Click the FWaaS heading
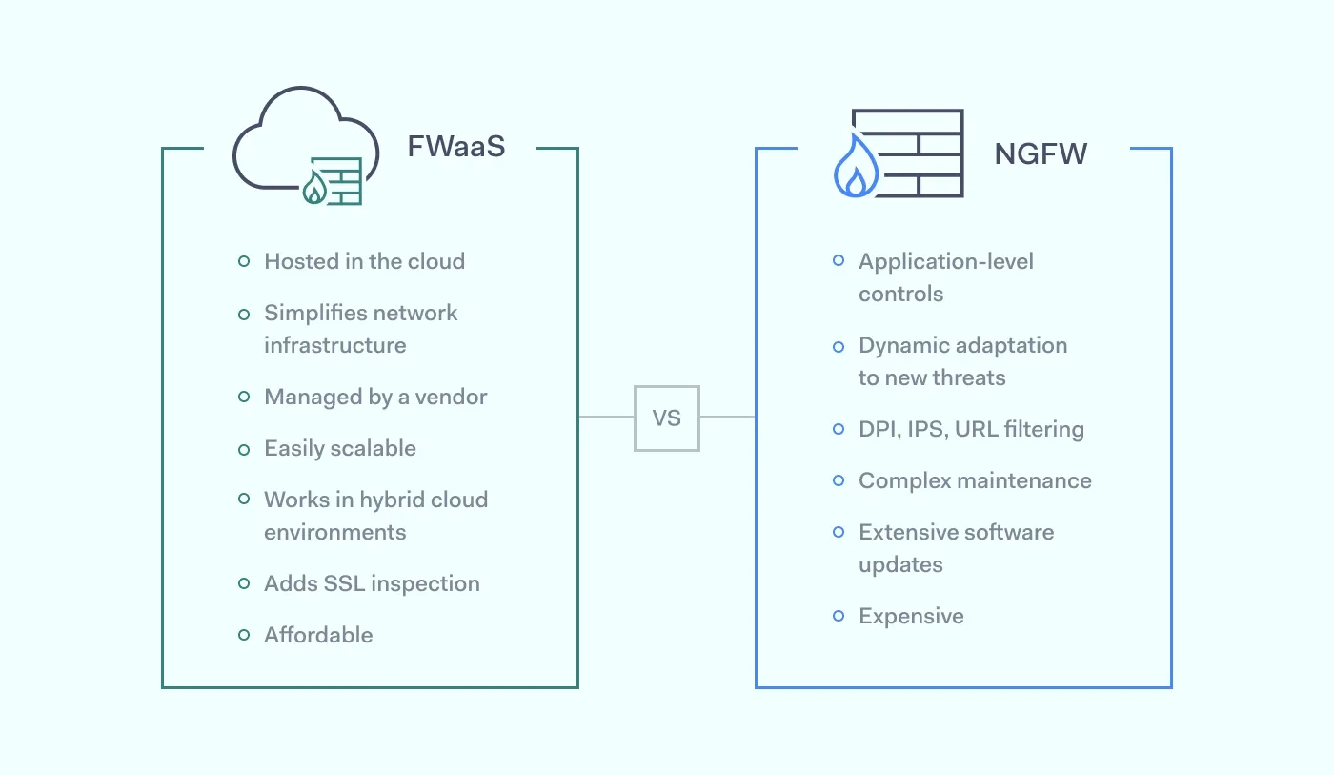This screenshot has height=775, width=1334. [x=455, y=147]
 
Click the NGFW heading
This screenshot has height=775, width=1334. [x=1041, y=153]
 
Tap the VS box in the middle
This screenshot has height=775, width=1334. [x=667, y=418]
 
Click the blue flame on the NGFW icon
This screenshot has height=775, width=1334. [x=855, y=173]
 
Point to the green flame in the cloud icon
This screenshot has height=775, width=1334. [x=314, y=190]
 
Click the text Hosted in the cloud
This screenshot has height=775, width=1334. [x=364, y=261]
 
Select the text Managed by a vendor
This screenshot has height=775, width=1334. [x=375, y=397]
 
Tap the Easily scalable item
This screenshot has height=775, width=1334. [x=339, y=448]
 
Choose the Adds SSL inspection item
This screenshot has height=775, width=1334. [x=372, y=583]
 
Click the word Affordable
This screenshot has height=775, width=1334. [x=318, y=635]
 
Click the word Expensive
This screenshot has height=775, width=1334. [x=911, y=616]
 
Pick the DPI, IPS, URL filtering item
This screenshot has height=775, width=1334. [x=971, y=429]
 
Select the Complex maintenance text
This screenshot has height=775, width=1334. [x=975, y=480]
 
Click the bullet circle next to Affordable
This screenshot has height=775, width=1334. [x=244, y=635]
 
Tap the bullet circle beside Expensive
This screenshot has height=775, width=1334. [x=839, y=616]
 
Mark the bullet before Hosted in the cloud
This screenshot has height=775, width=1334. [x=244, y=261]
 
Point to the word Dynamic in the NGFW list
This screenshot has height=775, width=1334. [x=903, y=345]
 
